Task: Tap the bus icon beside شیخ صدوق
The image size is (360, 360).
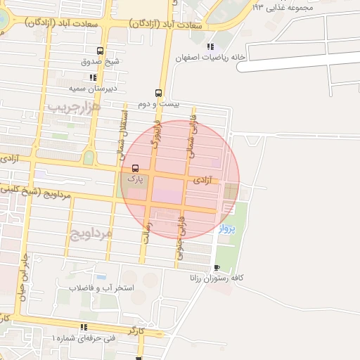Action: pos(100,51)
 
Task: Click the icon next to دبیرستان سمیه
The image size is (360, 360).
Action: pos(92,77)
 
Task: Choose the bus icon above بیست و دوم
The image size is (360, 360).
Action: pos(158,93)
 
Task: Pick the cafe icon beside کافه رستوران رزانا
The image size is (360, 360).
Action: pos(217,267)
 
